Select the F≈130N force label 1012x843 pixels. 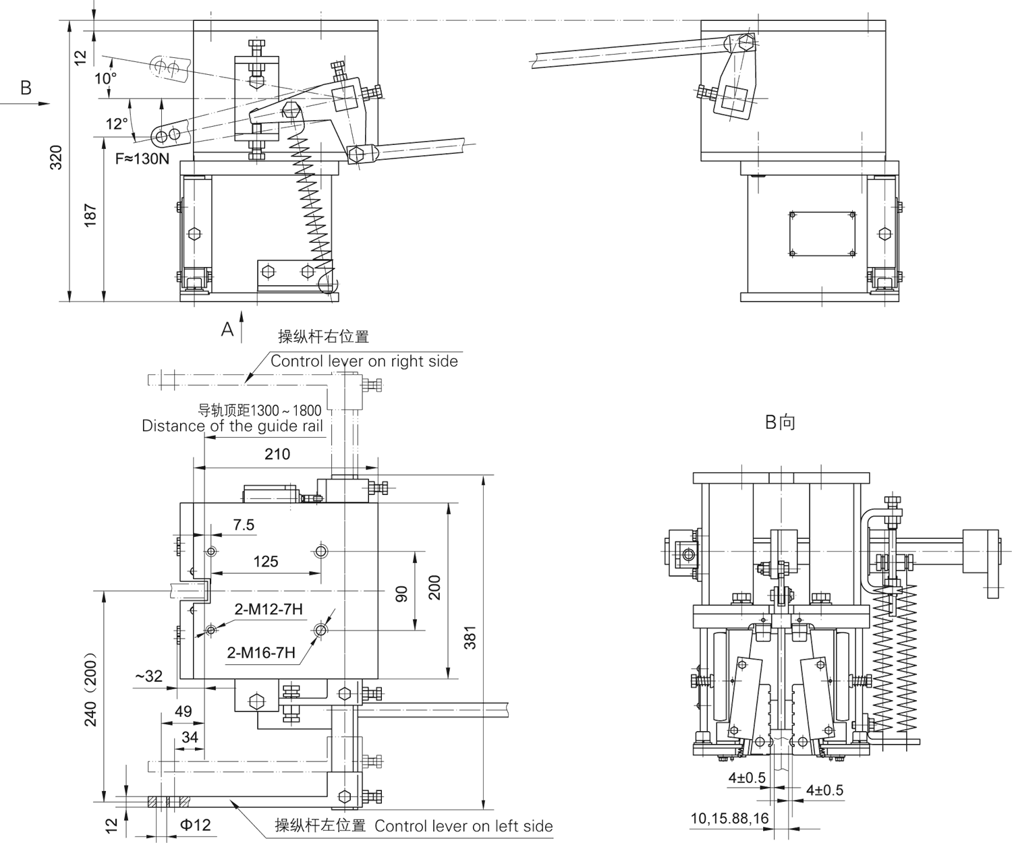(x=142, y=159)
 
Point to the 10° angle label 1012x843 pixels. (x=105, y=79)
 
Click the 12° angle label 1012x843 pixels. (x=116, y=124)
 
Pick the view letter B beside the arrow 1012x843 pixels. (x=26, y=88)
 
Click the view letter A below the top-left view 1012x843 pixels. (x=227, y=329)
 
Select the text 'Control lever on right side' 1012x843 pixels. (x=364, y=361)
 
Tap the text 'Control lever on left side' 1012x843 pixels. (x=463, y=826)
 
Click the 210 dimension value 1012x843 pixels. (x=277, y=454)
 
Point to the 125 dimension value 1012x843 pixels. (x=266, y=562)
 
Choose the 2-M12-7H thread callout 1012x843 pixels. (x=269, y=610)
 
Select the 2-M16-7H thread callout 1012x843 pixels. (x=261, y=653)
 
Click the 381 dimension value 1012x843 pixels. (x=470, y=637)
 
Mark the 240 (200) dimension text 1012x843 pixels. (x=91, y=689)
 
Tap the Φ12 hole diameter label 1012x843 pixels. (x=194, y=825)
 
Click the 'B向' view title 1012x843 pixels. (x=780, y=423)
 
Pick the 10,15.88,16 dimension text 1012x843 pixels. (x=729, y=819)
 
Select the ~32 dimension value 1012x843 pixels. (x=149, y=676)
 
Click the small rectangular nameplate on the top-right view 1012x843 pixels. (x=822, y=234)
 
